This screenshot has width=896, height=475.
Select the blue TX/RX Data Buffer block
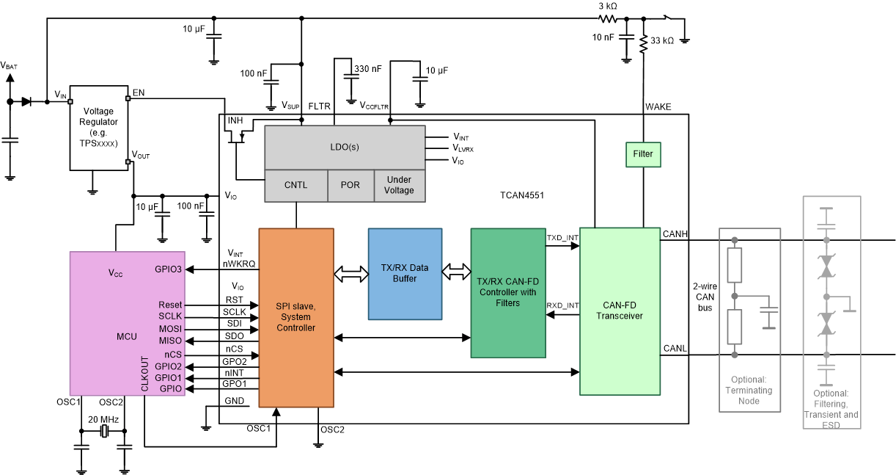tap(405, 273)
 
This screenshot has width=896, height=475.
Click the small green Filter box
tap(643, 154)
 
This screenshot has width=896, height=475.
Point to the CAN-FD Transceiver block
tap(619, 311)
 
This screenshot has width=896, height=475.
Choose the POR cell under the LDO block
tap(350, 185)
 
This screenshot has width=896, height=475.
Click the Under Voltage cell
tap(399, 185)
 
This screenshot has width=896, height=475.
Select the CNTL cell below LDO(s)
tap(295, 185)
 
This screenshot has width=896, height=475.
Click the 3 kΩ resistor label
tap(607, 6)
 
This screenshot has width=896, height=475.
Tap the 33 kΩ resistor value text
tap(663, 41)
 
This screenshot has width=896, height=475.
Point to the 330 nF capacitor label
tap(367, 69)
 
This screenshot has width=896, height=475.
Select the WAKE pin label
tap(658, 107)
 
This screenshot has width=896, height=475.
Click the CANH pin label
tap(675, 234)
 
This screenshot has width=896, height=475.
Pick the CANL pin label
tap(675, 348)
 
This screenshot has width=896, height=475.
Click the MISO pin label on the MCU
tap(170, 341)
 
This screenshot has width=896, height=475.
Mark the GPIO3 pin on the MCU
tap(169, 269)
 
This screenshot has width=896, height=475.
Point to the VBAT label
tap(9, 66)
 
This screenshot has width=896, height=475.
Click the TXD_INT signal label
tap(562, 239)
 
